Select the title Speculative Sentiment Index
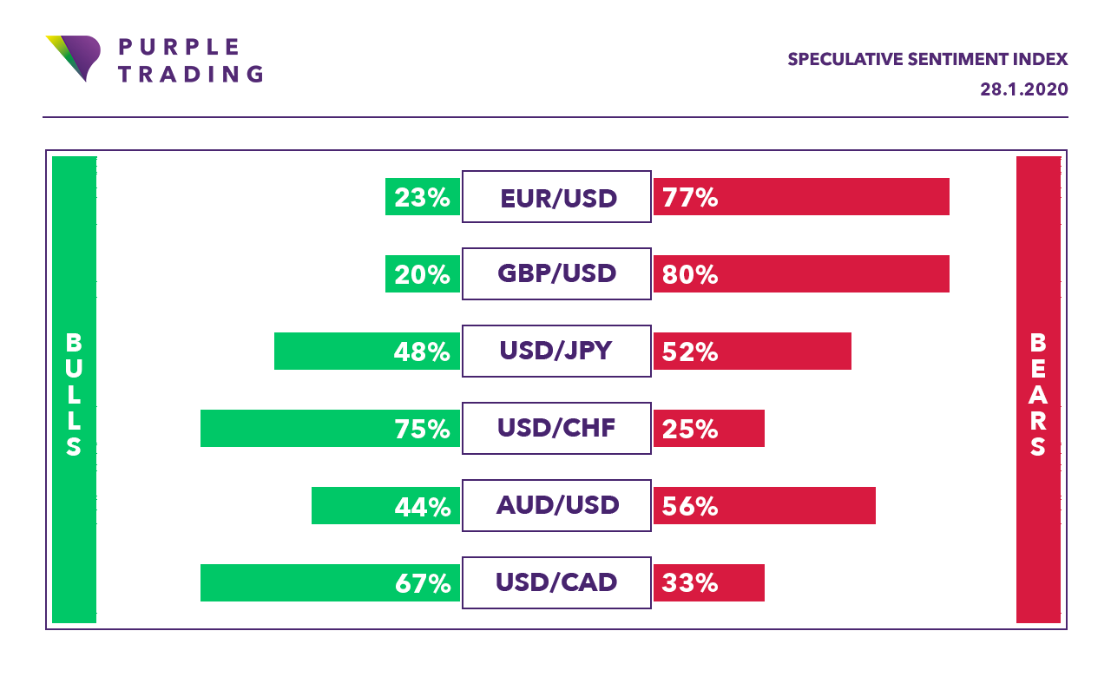click(927, 59)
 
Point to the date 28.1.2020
click(1023, 89)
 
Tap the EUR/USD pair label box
click(556, 197)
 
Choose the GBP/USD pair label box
click(556, 274)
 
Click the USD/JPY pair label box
click(556, 352)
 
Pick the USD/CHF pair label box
click(556, 428)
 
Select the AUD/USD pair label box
click(556, 505)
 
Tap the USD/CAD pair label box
click(556, 582)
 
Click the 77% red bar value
click(690, 198)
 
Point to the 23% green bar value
click(423, 198)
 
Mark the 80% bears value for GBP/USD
click(690, 275)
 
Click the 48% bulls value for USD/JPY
click(423, 352)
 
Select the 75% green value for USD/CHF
click(423, 429)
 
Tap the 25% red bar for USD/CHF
click(708, 429)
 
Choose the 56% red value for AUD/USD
click(690, 506)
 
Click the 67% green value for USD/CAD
click(423, 583)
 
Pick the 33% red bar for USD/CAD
click(708, 583)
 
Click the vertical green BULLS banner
click(74, 390)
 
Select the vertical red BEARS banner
click(1038, 390)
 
